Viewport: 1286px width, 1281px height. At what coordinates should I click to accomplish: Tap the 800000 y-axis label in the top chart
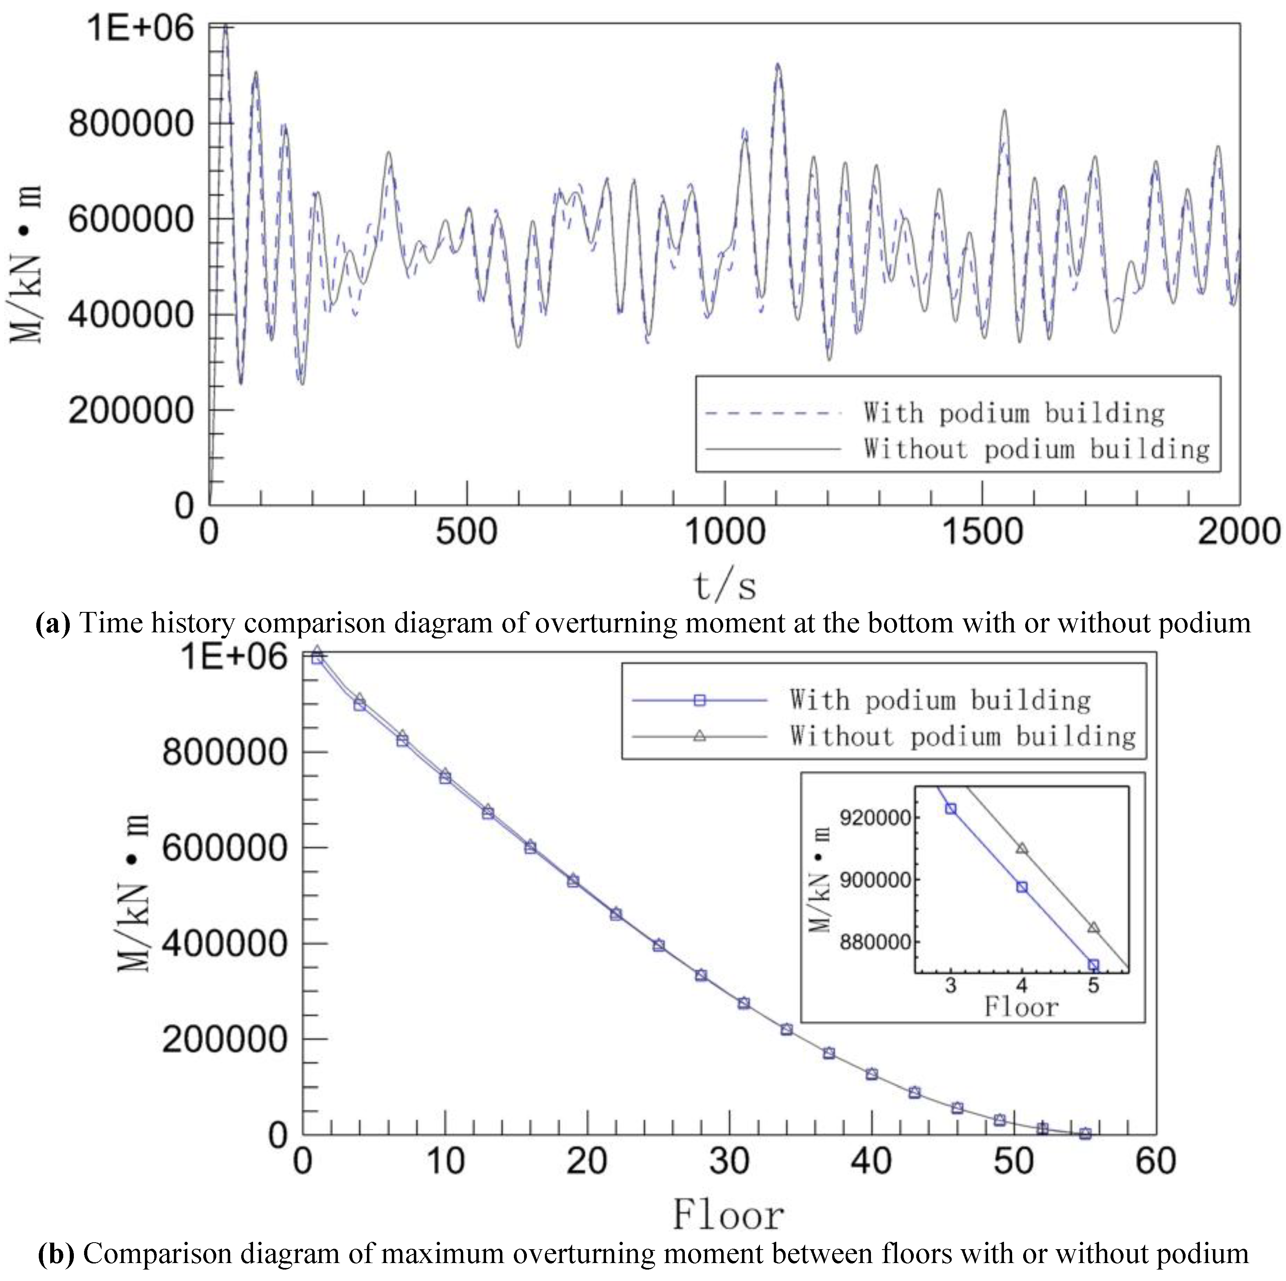click(131, 124)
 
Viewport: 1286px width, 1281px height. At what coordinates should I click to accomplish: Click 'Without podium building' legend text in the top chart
click(1036, 449)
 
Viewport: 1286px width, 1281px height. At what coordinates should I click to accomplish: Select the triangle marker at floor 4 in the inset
click(1022, 849)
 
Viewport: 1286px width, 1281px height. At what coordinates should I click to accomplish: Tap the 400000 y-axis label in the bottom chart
click(224, 944)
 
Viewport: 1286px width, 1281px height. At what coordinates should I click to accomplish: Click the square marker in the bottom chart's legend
click(699, 700)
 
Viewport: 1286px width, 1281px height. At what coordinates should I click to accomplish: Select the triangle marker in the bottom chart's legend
click(699, 736)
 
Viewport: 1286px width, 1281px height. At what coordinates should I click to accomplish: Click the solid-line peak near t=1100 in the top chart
click(777, 64)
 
